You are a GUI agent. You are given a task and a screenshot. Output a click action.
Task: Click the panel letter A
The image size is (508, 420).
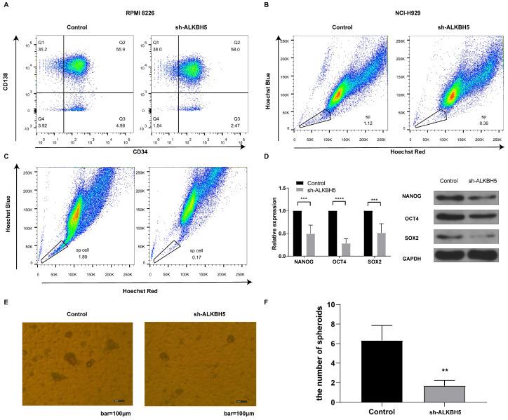tap(6, 6)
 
